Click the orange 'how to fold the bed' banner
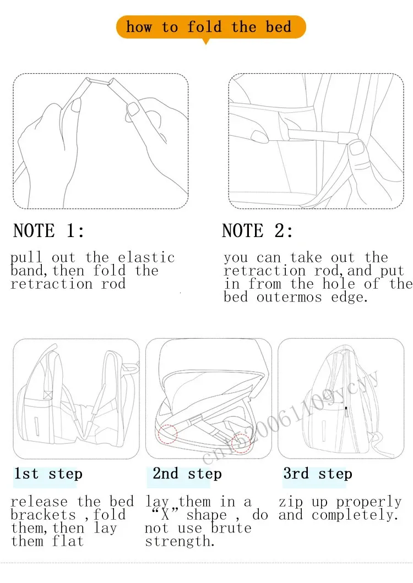pyautogui.click(x=211, y=27)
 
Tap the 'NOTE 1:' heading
pyautogui.click(x=49, y=230)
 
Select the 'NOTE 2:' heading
pyautogui.click(x=257, y=230)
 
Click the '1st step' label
pyautogui.click(x=48, y=474)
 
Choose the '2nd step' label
pyautogui.click(x=187, y=474)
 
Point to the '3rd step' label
pyautogui.click(x=318, y=474)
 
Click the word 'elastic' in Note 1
pyautogui.click(x=146, y=257)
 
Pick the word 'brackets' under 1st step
pyautogui.click(x=43, y=515)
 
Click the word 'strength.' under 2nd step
pyautogui.click(x=180, y=541)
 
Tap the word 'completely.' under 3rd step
pyautogui.click(x=355, y=515)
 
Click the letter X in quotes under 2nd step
pyautogui.click(x=165, y=515)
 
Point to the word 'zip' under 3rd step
pyautogui.click(x=291, y=502)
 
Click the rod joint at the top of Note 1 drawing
pyautogui.click(x=100, y=81)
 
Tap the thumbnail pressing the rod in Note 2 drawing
pyautogui.click(x=357, y=148)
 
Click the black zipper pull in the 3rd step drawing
pyautogui.click(x=346, y=411)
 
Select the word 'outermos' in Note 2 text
pyautogui.click(x=289, y=297)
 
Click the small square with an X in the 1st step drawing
pyautogui.click(x=48, y=394)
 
